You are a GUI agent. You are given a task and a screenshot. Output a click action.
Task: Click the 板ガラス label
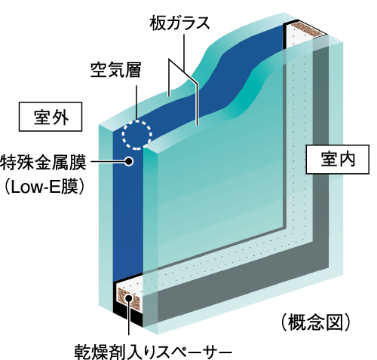(179, 23)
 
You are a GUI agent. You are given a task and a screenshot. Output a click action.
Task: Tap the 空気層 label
(115, 69)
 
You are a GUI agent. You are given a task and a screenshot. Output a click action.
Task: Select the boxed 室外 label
(51, 117)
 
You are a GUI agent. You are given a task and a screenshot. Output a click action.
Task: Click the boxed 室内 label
(338, 159)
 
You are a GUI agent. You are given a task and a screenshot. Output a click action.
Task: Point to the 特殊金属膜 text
(43, 163)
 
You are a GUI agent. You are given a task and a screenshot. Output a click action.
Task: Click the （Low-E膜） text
(43, 187)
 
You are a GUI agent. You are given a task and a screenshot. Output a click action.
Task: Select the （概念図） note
(315, 322)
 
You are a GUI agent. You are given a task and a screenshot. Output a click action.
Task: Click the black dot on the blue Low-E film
(129, 161)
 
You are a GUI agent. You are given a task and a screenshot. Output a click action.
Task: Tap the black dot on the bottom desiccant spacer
(129, 298)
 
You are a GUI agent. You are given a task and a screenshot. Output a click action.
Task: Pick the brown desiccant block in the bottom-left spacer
(129, 299)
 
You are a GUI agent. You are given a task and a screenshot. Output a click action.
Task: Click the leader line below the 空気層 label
(136, 102)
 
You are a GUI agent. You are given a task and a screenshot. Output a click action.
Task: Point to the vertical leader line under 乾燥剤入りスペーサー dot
(129, 319)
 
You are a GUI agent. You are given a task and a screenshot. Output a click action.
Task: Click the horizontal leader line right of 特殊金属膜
(108, 161)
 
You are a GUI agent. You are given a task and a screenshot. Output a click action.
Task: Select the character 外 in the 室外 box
(60, 117)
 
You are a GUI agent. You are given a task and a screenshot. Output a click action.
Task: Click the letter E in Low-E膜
(54, 188)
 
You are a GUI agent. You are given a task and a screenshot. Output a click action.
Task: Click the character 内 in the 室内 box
(347, 159)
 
